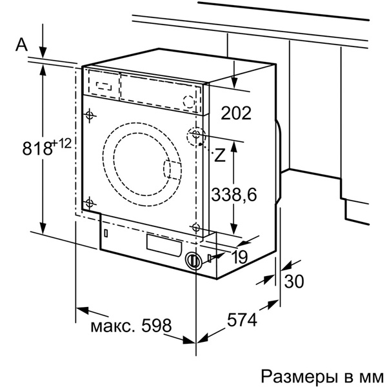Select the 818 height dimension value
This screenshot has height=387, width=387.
[37, 148]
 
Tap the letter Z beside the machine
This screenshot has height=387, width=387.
[220, 155]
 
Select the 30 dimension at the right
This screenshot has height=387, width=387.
[293, 281]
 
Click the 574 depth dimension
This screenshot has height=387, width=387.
[242, 320]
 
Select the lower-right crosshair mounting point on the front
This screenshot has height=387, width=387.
[195, 226]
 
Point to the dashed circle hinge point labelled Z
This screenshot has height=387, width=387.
[195, 136]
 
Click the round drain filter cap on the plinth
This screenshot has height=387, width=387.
[192, 261]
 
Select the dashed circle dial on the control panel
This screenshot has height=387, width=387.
[188, 101]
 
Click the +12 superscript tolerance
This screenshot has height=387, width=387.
[62, 143]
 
